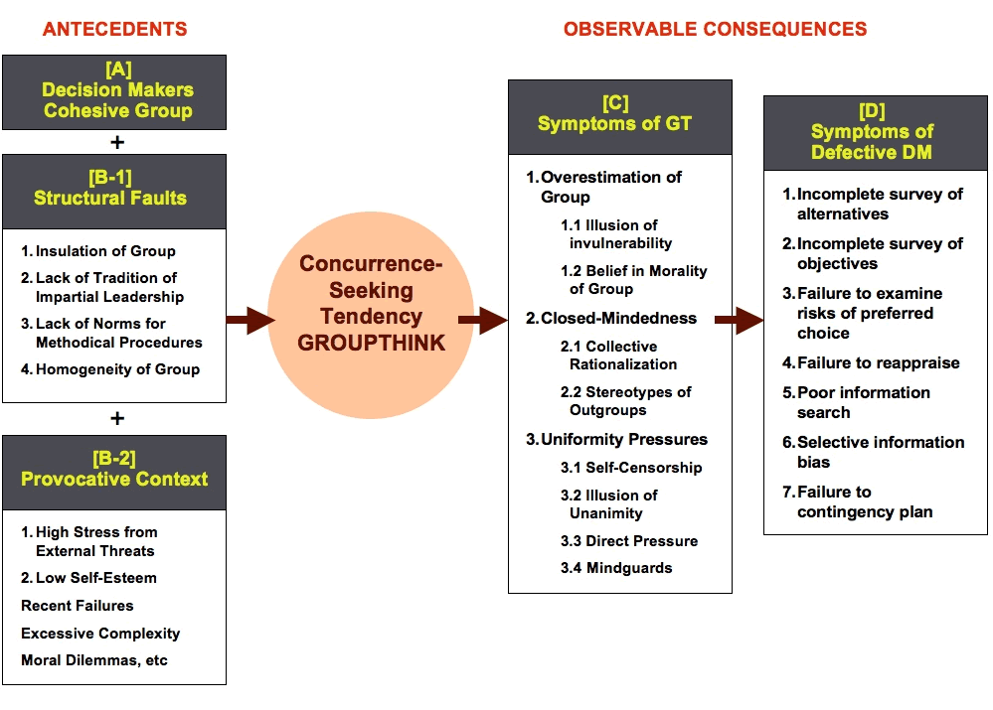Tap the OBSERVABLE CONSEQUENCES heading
[715, 30]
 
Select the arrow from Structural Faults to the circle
[249, 320]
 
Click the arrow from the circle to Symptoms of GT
[483, 320]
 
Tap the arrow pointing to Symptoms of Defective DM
[739, 320]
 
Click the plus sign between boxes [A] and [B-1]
[116, 141]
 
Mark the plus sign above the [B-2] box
[116, 418]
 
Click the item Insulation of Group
[104, 251]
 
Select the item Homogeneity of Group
[116, 369]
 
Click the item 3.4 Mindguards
[615, 568]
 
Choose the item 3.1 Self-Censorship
[630, 468]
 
